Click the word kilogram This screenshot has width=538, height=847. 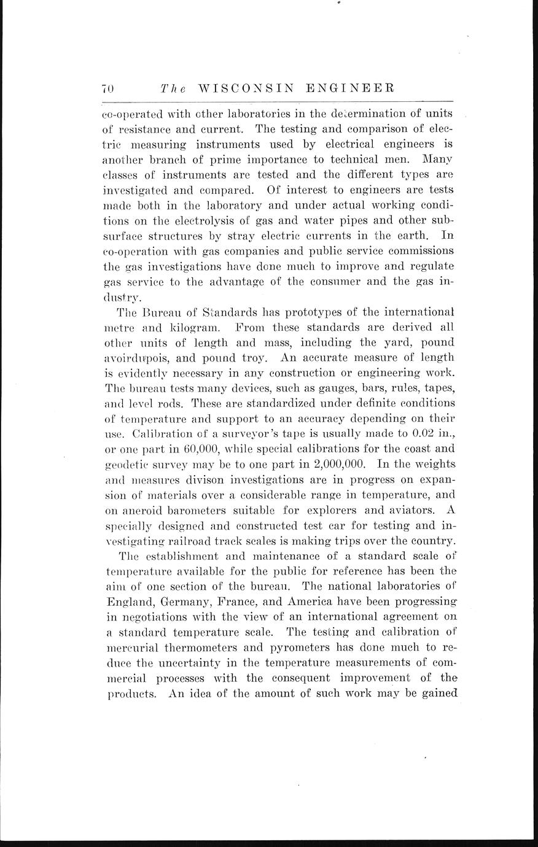pos(184,327)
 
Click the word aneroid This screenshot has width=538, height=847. pos(142,510)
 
